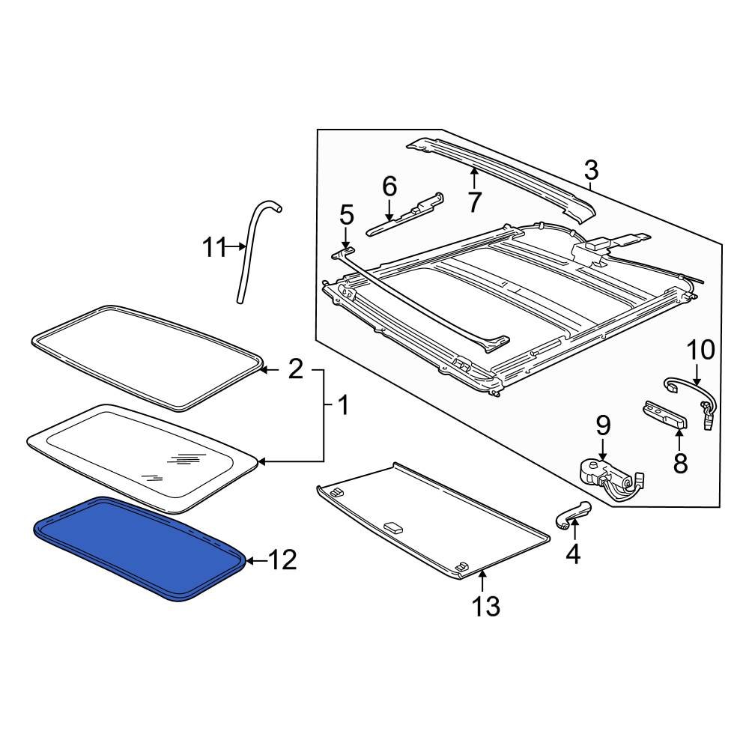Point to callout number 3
coord(591,171)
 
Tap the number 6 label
coord(389,187)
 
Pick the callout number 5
coord(346,216)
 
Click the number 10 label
coord(701,350)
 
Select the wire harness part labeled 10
coord(689,393)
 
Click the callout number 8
coord(680,463)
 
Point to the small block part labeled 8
coord(665,416)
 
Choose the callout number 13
coord(485,606)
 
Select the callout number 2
coord(296,369)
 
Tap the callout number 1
coord(342,407)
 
